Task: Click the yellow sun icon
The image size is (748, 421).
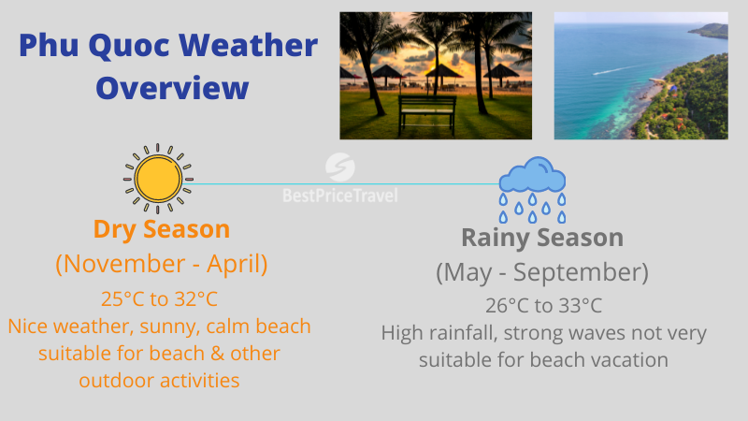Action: pyautogui.click(x=157, y=178)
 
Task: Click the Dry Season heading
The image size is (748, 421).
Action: pyautogui.click(x=162, y=229)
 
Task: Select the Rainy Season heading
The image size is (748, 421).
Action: pyautogui.click(x=542, y=239)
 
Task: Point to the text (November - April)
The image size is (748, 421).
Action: pyautogui.click(x=162, y=265)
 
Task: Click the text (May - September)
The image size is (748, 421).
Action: pyautogui.click(x=542, y=273)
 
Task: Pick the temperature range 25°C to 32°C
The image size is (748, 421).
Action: pyautogui.click(x=162, y=299)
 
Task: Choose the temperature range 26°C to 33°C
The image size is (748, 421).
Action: pyautogui.click(x=542, y=306)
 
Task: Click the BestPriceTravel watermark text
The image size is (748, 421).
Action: pyautogui.click(x=339, y=196)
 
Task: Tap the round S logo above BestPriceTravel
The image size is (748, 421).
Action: pyautogui.click(x=339, y=168)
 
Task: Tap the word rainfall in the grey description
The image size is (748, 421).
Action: pyautogui.click(x=467, y=334)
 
